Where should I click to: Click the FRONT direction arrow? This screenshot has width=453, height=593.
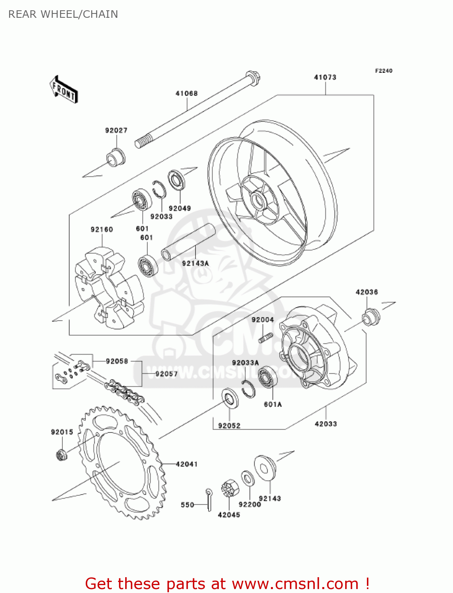64,90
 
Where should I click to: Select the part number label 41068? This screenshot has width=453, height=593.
186,93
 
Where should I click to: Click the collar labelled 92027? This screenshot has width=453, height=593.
116,157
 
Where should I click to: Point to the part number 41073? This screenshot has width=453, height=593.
325,77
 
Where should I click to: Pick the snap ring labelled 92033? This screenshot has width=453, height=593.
159,189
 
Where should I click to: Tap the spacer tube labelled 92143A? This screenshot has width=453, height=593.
188,242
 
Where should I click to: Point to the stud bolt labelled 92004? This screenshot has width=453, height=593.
265,338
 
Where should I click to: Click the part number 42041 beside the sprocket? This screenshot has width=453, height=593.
186,464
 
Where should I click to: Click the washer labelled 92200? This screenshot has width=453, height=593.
248,479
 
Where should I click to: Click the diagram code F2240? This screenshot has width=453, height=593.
383,71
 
